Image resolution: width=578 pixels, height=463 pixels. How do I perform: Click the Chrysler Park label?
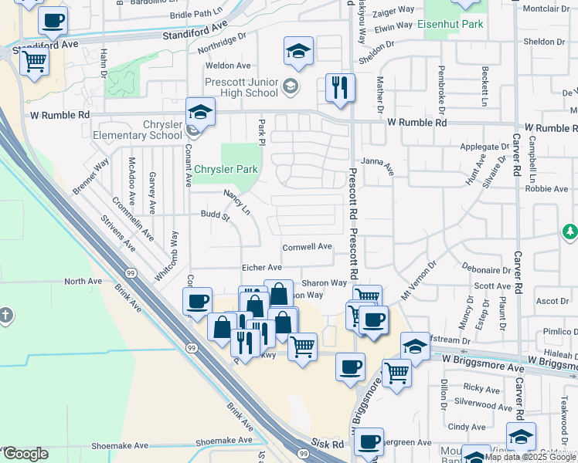[226, 170]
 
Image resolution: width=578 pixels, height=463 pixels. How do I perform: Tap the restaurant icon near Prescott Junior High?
[340, 88]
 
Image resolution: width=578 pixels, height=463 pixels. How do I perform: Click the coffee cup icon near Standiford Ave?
[53, 22]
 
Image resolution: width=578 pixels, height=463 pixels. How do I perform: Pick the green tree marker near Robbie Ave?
[569, 231]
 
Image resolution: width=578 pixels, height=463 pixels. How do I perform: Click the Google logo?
[25, 454]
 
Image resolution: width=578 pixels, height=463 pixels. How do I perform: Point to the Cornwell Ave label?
[307, 247]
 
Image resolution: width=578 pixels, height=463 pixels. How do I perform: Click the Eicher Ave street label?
[260, 266]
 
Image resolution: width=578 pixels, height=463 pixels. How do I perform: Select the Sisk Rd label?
[328, 445]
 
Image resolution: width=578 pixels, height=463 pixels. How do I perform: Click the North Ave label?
[83, 282]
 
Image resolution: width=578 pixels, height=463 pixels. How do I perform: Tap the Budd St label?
[216, 216]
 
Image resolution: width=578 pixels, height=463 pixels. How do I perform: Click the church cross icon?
[6, 316]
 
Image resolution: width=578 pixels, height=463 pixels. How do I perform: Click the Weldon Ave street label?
[228, 66]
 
